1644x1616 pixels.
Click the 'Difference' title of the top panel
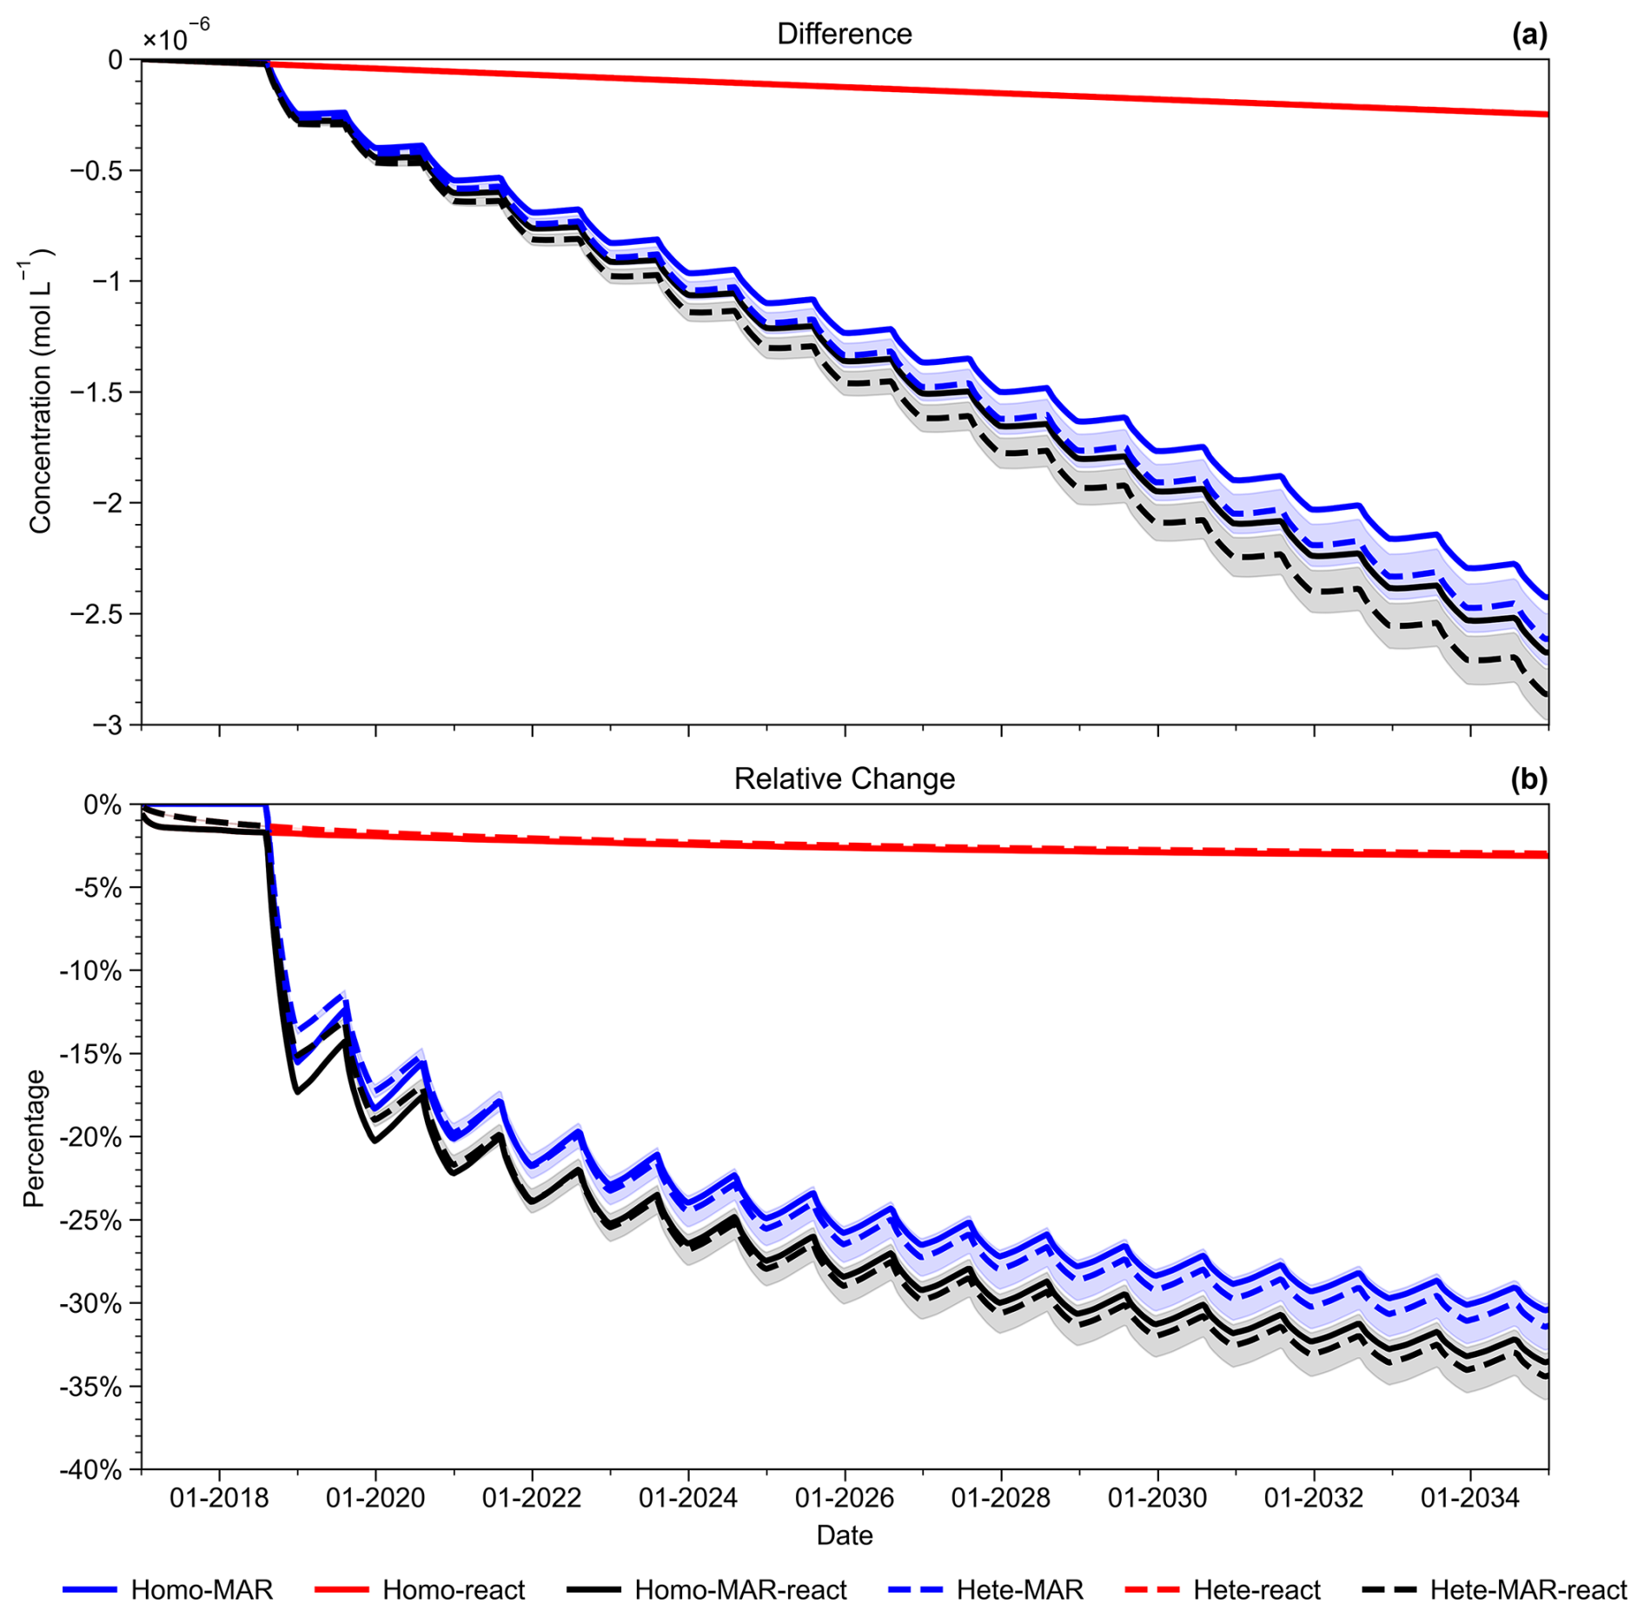click(844, 34)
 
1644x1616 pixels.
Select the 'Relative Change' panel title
click(844, 778)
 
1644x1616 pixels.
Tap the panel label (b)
click(1529, 779)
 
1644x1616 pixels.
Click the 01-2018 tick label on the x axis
click(219, 1497)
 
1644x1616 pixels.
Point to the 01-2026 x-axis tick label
click(845, 1497)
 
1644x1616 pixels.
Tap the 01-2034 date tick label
click(1470, 1497)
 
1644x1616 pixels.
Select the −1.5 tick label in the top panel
click(97, 392)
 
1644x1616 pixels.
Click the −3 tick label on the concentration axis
click(108, 725)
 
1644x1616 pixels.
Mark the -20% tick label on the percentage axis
click(90, 1136)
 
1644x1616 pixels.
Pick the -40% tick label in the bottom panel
click(90, 1470)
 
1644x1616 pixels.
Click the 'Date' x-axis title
click(844, 1535)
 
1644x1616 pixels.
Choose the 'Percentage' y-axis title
click(34, 1138)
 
